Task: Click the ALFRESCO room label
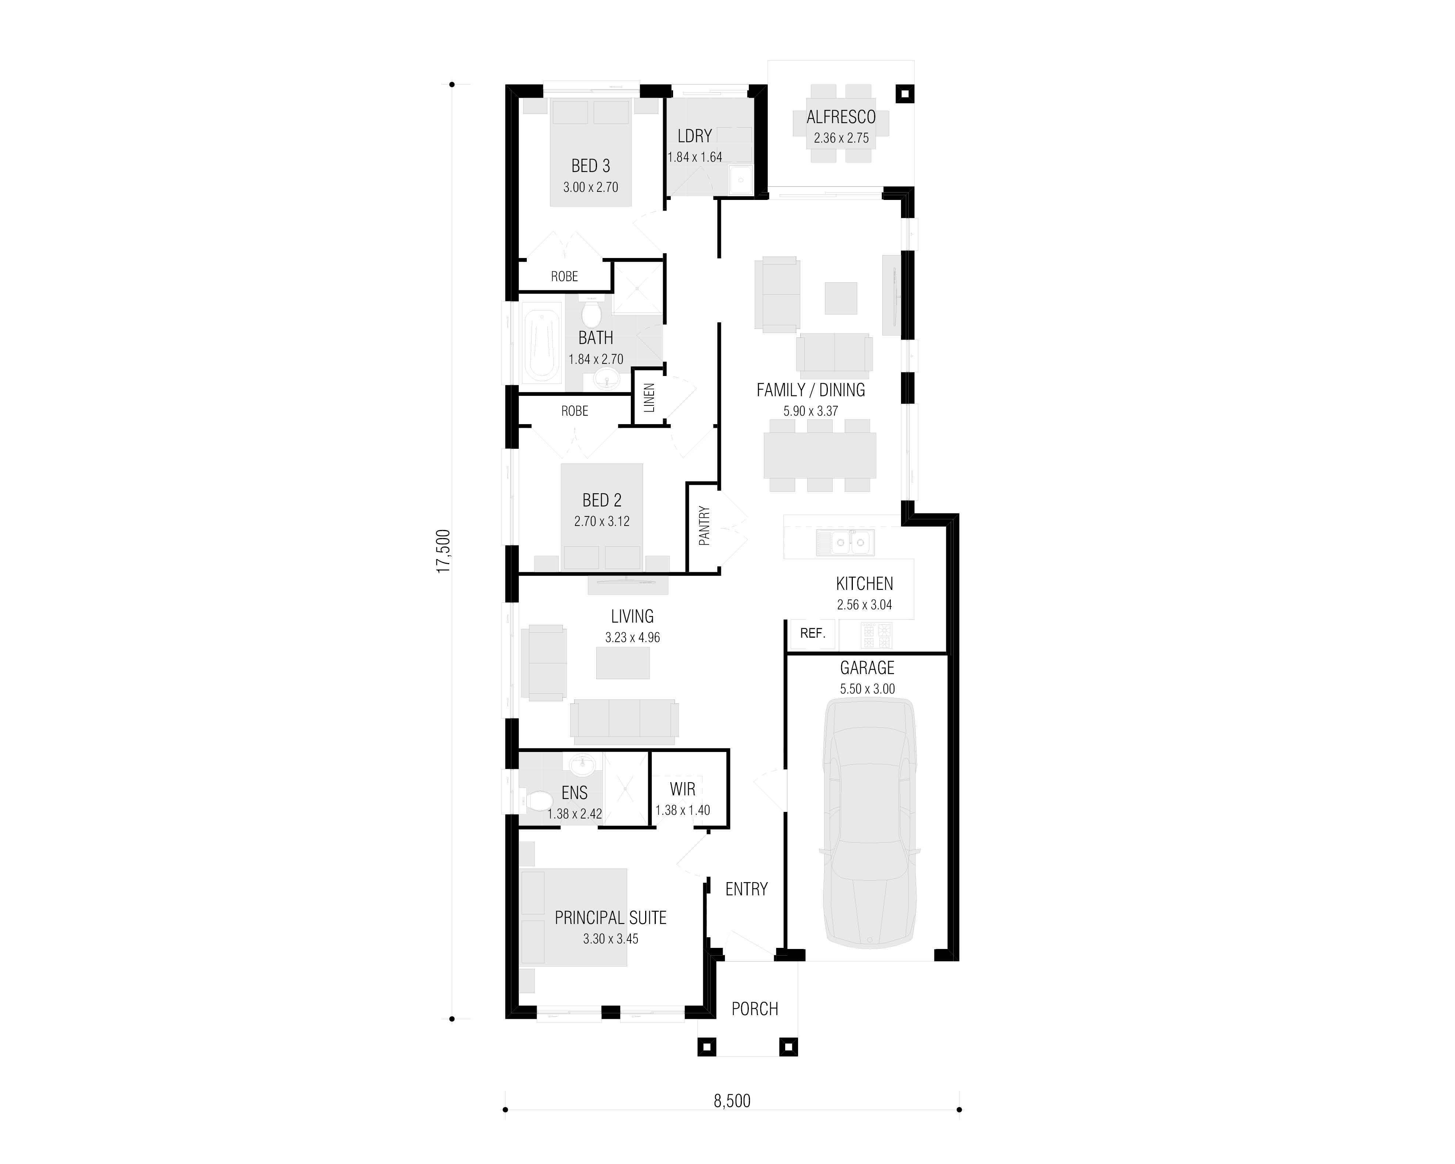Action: (841, 117)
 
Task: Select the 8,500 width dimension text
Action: (732, 1100)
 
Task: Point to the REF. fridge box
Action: (812, 634)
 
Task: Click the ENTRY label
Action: (746, 889)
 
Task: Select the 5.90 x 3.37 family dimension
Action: (811, 411)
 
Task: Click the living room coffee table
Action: (622, 663)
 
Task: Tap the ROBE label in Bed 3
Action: (564, 277)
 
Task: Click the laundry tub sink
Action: (740, 179)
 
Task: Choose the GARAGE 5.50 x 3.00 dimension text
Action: (867, 689)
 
